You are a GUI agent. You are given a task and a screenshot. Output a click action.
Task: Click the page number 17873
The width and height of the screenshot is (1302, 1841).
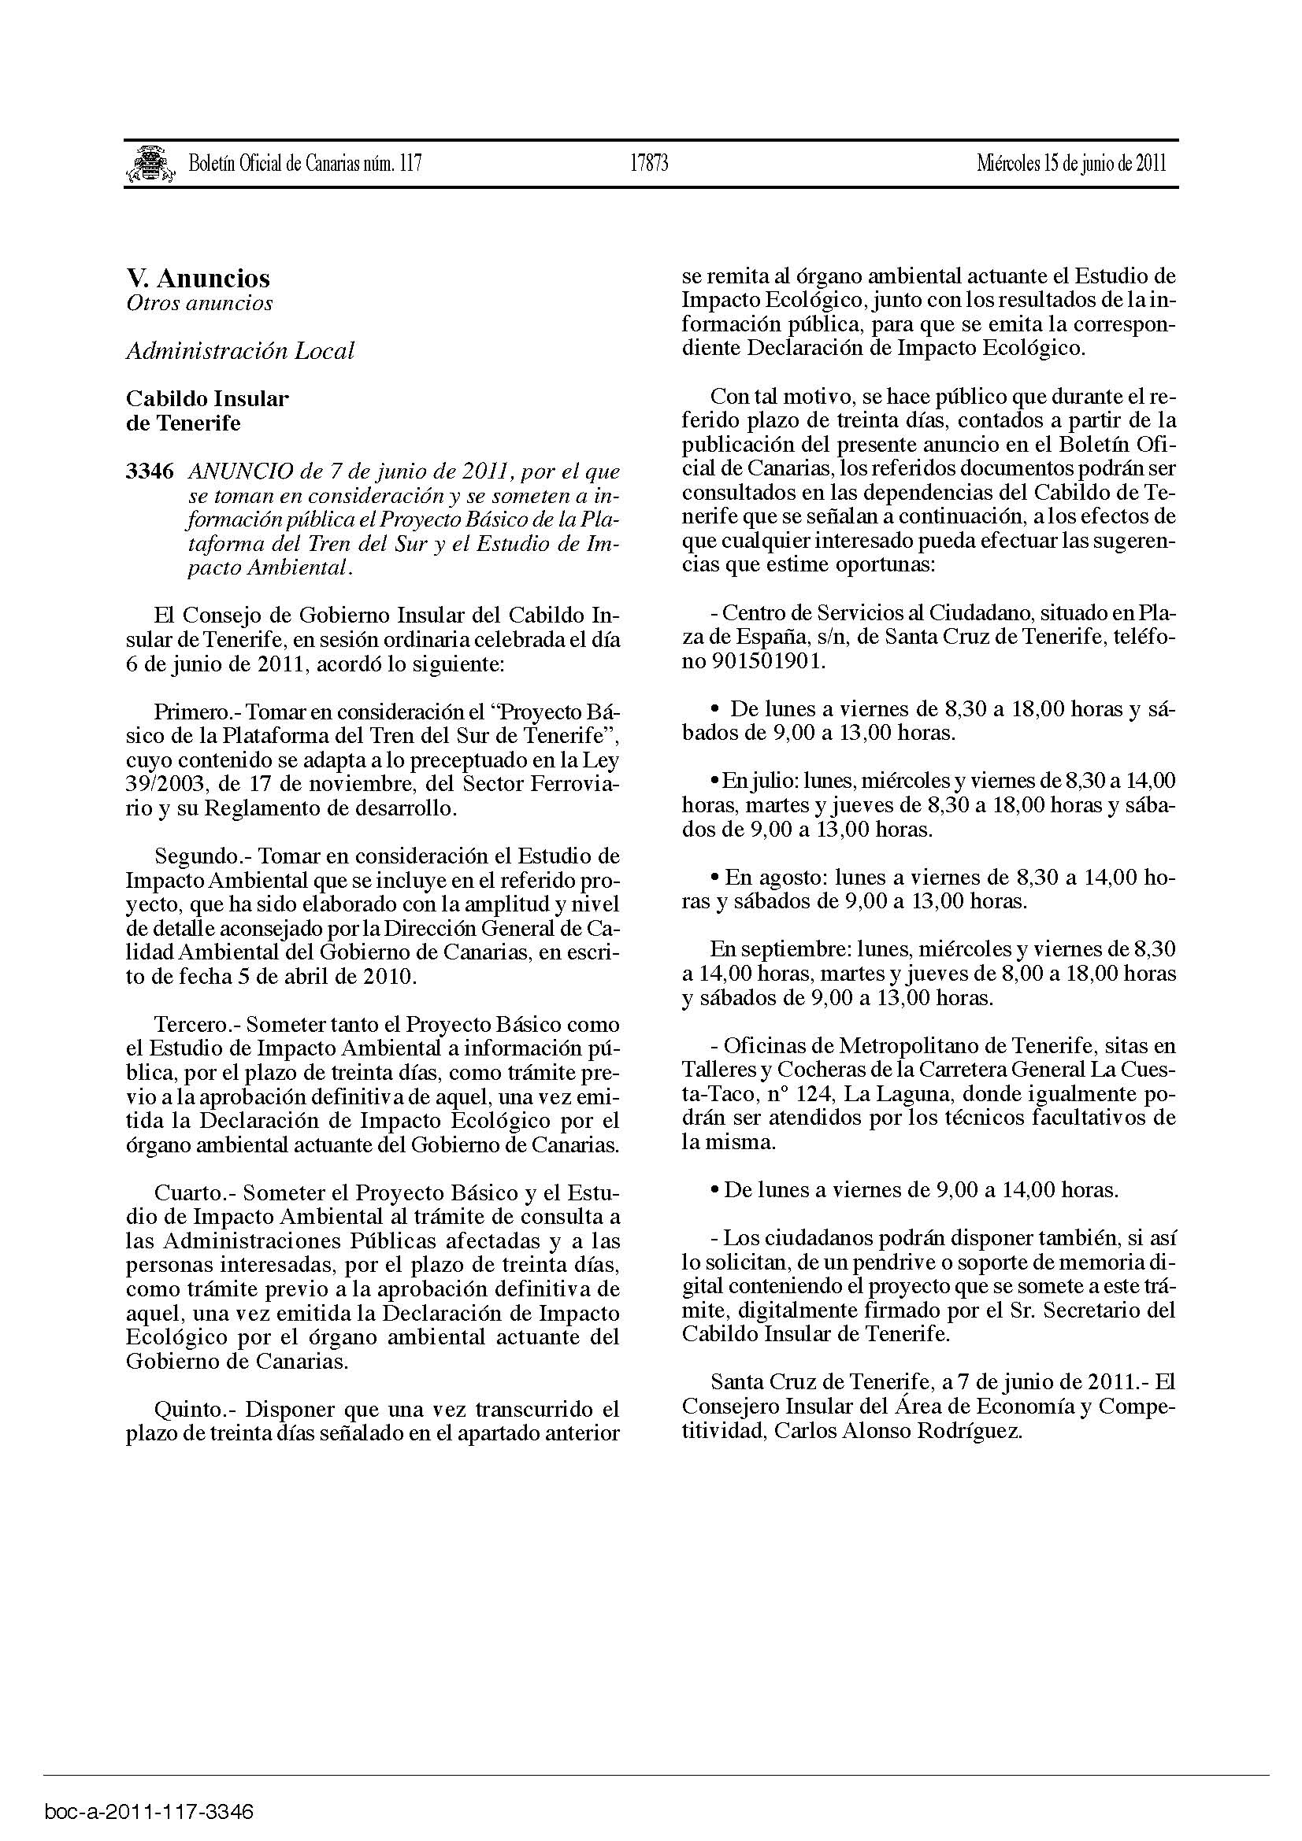pos(649,164)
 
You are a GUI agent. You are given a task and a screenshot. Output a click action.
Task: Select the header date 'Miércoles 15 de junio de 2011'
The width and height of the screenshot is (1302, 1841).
pos(1071,164)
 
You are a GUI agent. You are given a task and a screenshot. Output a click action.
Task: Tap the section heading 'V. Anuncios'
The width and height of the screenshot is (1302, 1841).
pos(198,278)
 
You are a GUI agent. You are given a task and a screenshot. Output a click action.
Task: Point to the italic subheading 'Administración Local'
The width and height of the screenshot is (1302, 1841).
pos(240,351)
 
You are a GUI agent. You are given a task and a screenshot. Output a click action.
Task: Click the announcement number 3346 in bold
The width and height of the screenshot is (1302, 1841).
pos(149,471)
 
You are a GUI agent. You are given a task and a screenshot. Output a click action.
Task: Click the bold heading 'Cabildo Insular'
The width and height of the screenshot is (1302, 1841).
pos(207,398)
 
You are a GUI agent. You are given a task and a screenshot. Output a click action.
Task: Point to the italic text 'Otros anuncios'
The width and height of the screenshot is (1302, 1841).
pos(199,303)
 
